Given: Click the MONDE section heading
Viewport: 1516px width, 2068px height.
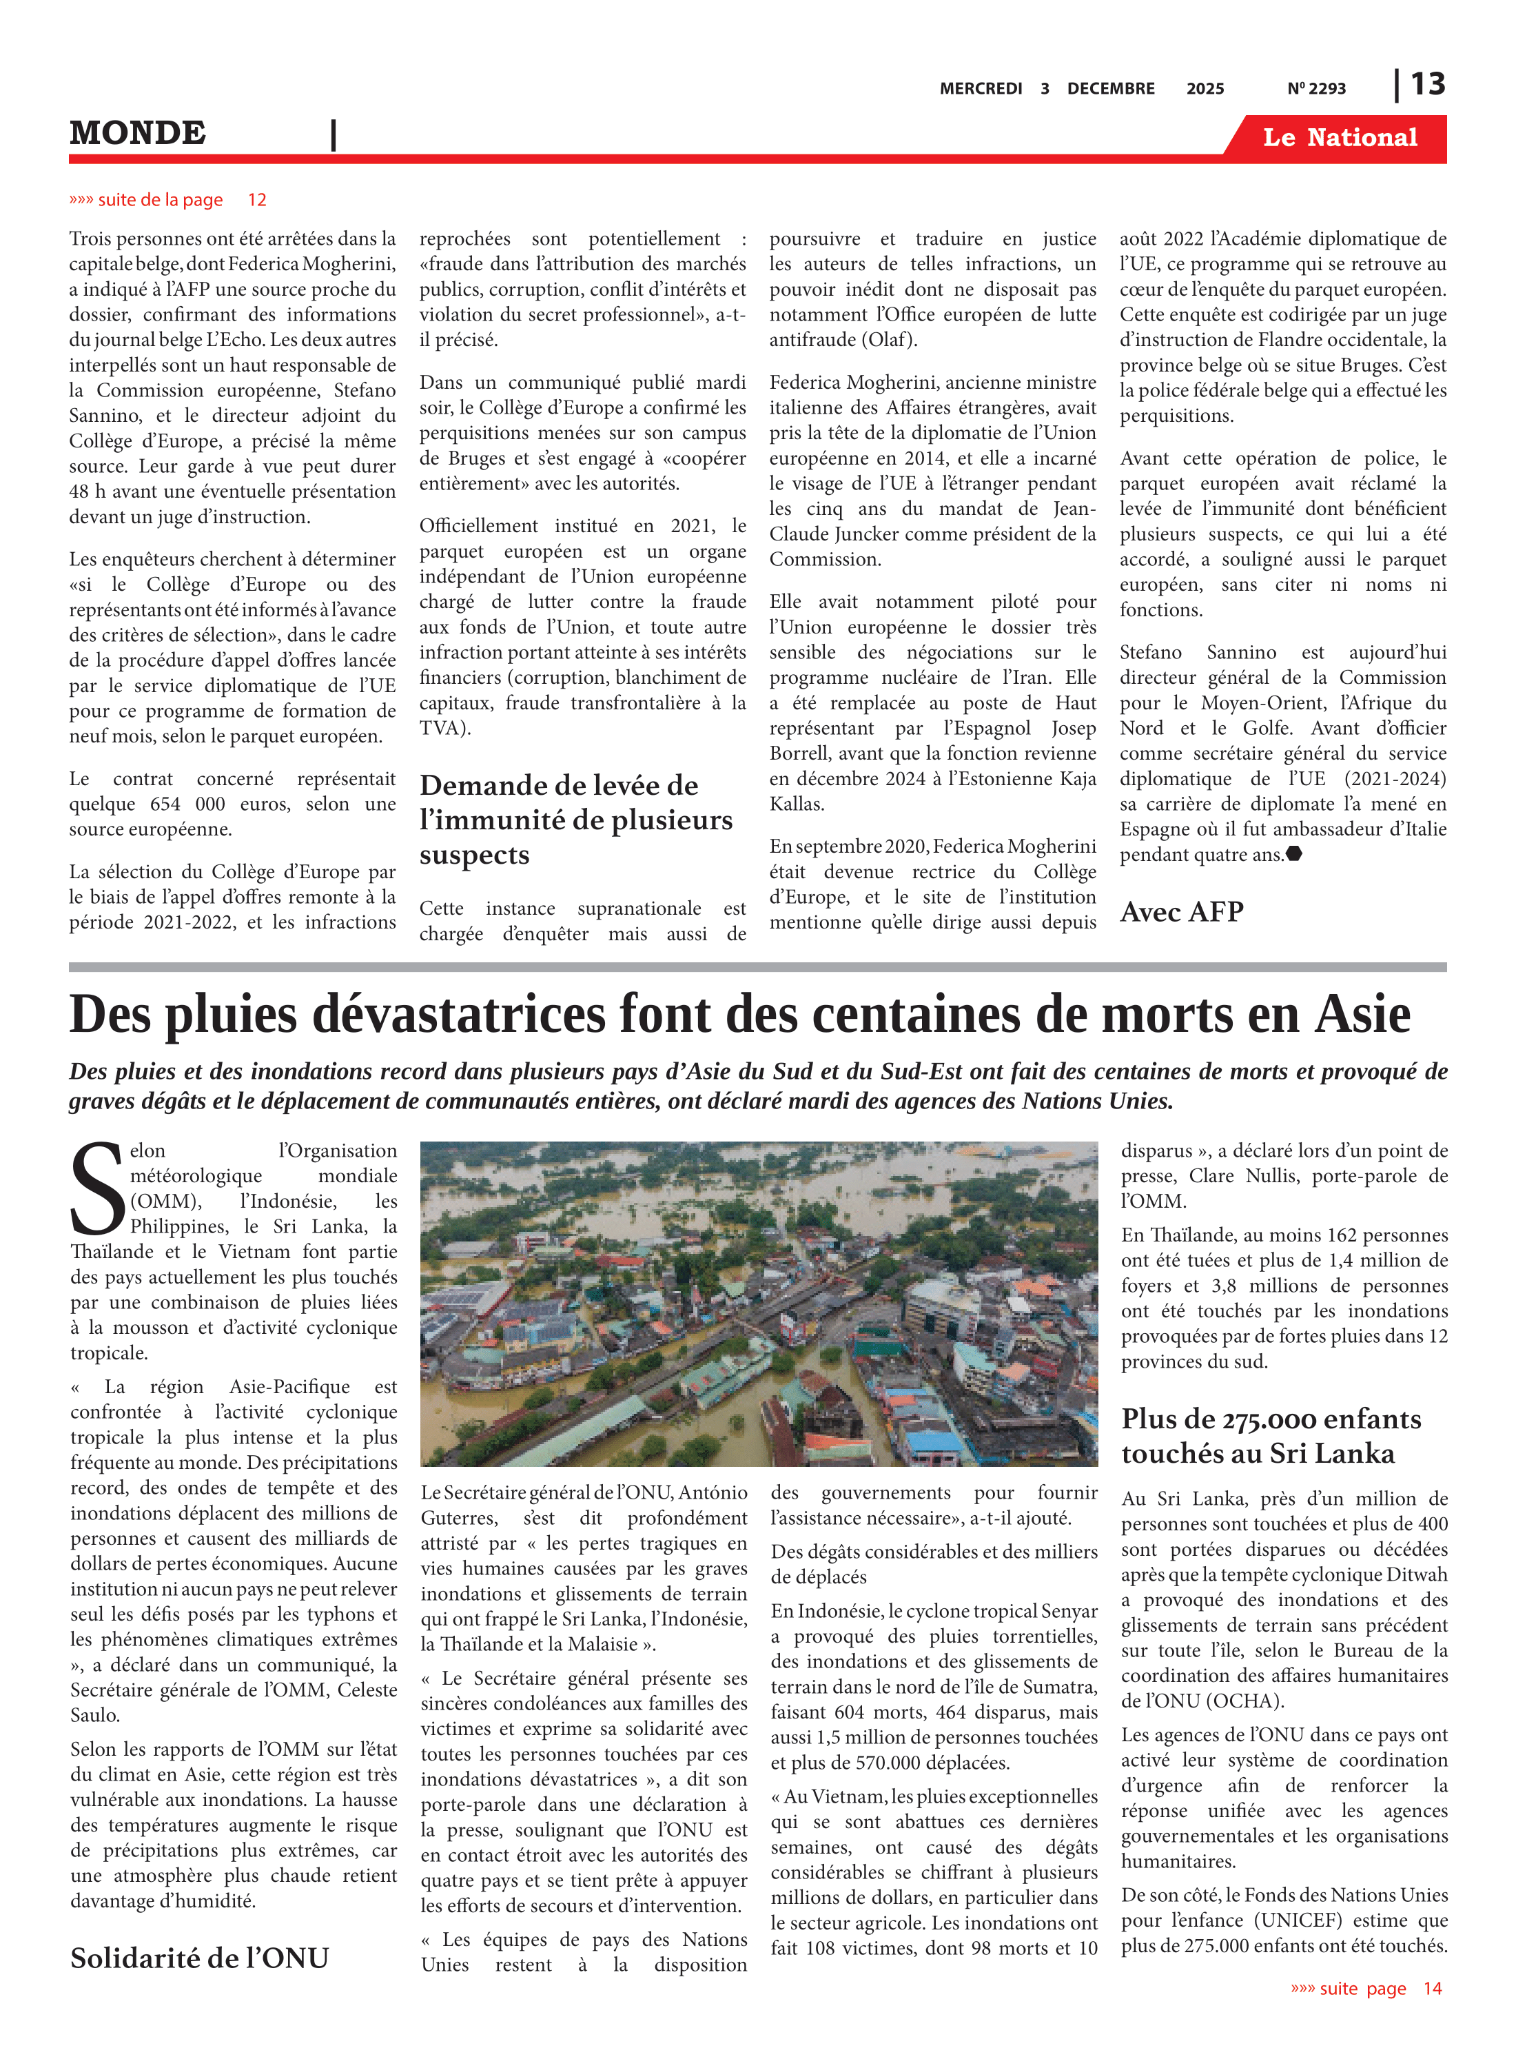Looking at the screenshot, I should point(138,133).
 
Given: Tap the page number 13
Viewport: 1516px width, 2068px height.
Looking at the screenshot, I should point(1427,85).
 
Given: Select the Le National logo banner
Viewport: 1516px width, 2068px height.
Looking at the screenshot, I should point(1339,138).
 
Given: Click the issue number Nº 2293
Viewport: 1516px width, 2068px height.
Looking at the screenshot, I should point(1316,89).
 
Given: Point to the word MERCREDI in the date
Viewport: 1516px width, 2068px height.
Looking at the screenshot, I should point(980,89).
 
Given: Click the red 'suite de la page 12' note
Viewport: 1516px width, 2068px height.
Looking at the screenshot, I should point(168,200).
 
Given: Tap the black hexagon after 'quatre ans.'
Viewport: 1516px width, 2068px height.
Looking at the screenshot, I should point(1294,853).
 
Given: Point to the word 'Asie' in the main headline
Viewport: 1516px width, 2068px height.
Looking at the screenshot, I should point(1362,1015).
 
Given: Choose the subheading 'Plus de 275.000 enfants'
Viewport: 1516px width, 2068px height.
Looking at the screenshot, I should point(1271,1419).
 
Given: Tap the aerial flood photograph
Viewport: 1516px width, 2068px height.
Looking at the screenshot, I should point(759,1304).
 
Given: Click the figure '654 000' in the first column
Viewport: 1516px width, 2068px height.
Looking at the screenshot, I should point(185,804).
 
